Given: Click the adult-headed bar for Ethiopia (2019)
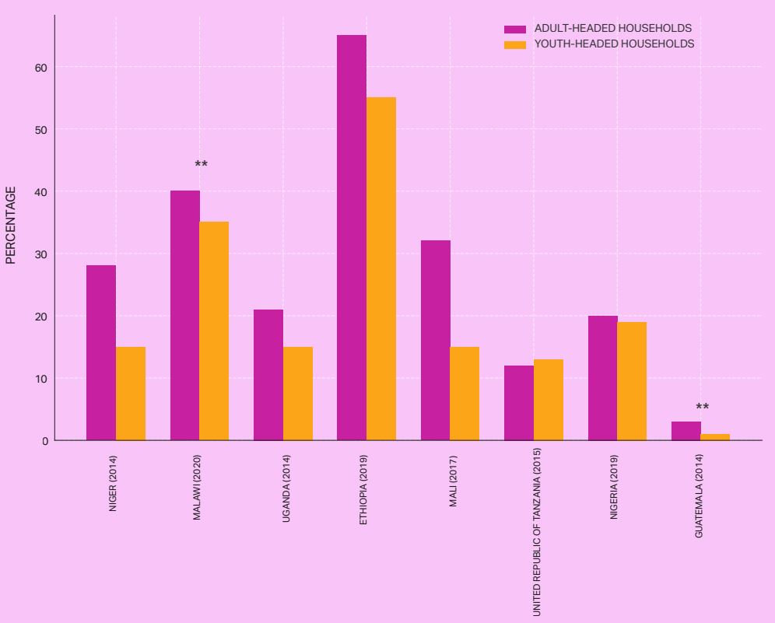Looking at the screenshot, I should coord(352,238).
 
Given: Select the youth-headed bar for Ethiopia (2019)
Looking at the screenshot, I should coord(381,269).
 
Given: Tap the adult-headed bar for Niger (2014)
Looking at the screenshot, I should coord(101,353).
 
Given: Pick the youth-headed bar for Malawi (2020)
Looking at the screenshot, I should coord(214,331).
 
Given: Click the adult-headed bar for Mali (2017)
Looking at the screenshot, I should coord(436,341).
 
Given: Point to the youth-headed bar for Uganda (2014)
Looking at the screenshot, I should coord(298,394).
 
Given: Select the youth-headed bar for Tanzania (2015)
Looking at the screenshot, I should coord(549,400).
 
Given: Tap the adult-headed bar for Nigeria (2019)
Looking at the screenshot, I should coord(603,378).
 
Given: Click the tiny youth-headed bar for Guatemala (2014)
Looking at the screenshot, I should coord(715,437).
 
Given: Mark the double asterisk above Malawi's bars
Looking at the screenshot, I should coord(201,165).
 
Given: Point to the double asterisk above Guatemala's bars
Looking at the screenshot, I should coord(702,408).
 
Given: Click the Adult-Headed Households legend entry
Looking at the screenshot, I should coord(598,29).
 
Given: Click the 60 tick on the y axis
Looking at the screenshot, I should coord(40,68).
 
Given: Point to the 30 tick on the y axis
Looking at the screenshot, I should coord(40,254).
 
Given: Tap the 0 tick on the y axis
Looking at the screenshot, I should coord(44,441).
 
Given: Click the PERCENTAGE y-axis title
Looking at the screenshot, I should coord(11,225).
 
